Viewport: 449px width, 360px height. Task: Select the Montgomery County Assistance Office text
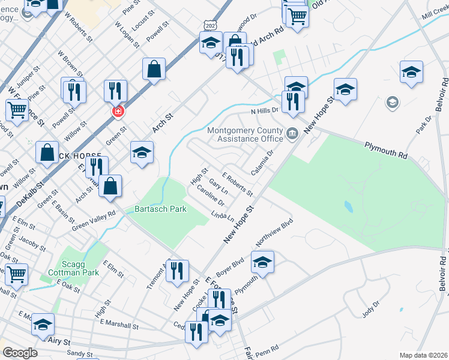244,134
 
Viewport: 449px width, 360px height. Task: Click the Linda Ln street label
222,214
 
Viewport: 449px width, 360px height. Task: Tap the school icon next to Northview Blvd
262,261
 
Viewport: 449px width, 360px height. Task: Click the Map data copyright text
424,355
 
